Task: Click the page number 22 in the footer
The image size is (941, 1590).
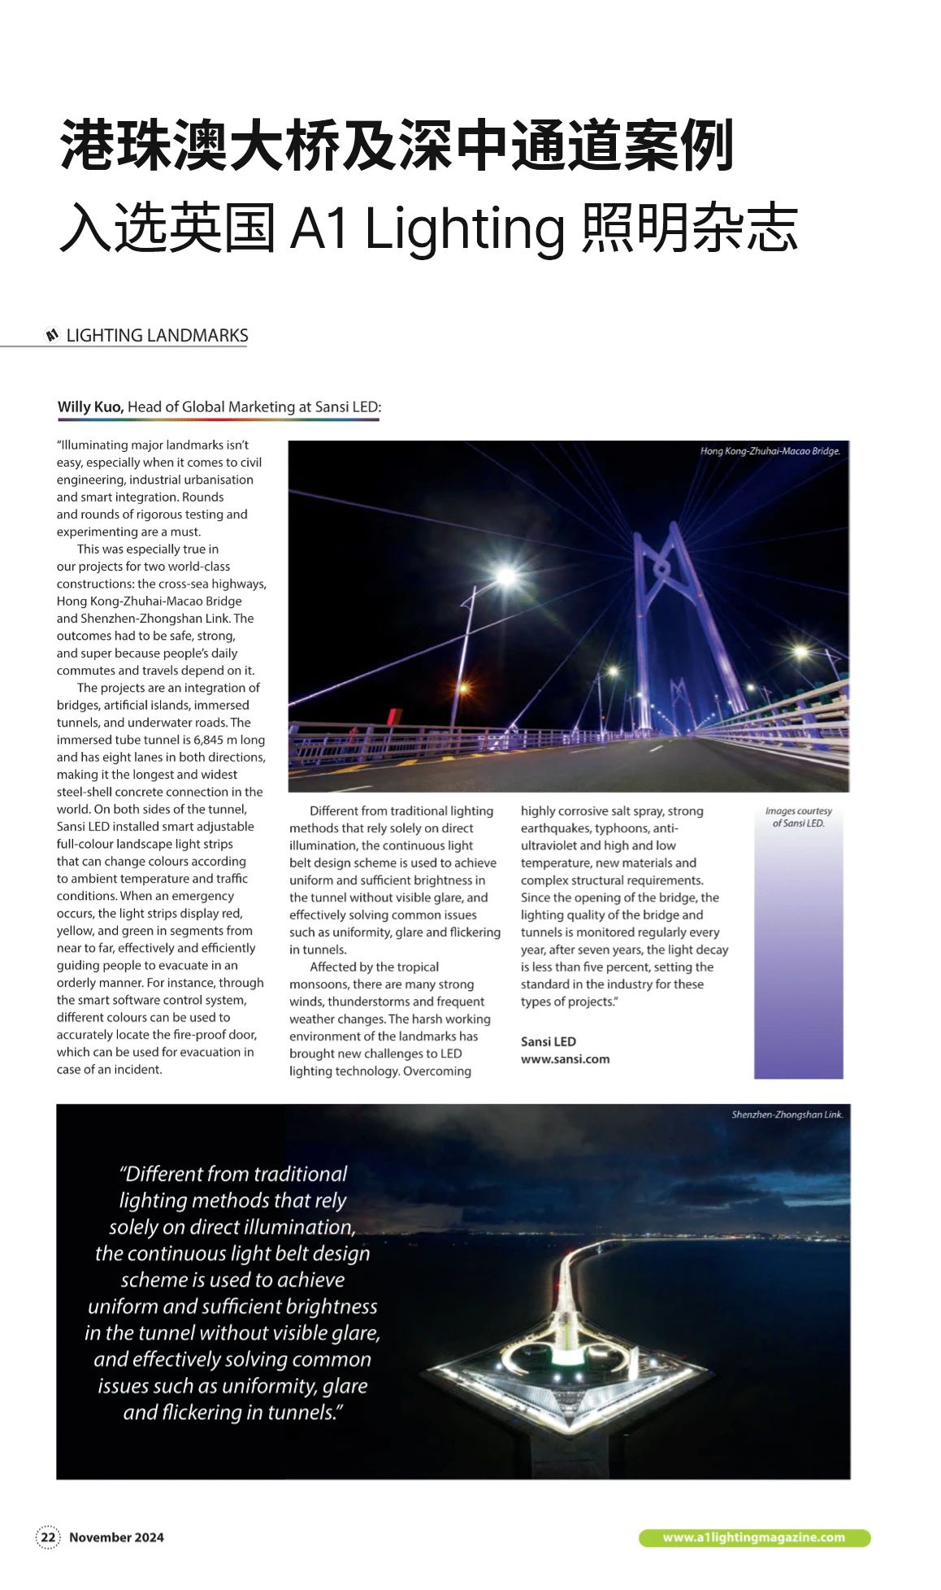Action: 49,1537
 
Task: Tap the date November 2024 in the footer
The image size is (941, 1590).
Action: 116,1537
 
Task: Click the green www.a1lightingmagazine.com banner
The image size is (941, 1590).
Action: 754,1537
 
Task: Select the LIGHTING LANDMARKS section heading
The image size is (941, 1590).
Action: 157,336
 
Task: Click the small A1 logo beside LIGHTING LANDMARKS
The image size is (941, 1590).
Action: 52,335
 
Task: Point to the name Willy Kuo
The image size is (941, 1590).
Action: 90,406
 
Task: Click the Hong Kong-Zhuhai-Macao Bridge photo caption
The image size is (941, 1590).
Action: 770,450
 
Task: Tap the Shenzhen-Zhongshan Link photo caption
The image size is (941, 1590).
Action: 787,1114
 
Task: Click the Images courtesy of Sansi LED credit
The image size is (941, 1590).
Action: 798,817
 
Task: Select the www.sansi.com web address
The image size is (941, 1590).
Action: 565,1059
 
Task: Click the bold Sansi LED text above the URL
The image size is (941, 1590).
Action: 548,1041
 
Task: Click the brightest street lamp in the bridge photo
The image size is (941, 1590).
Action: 506,576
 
